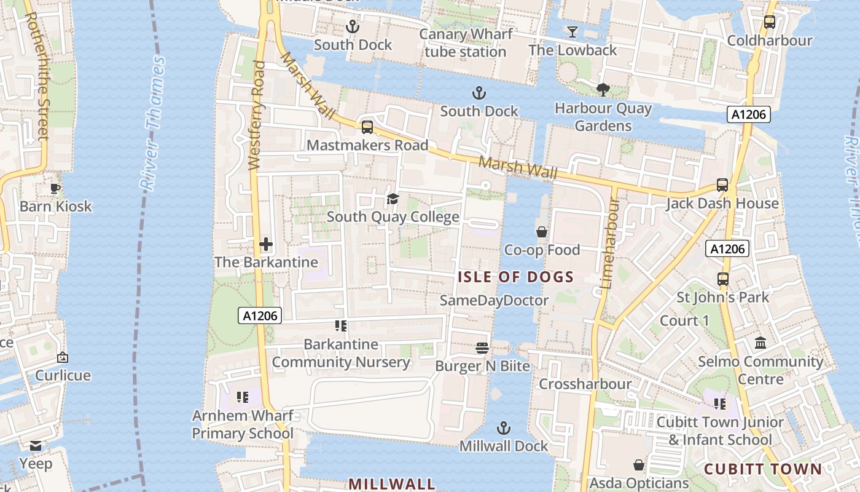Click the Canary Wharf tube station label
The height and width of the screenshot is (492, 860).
(465, 43)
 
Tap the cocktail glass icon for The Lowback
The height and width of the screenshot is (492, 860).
(573, 31)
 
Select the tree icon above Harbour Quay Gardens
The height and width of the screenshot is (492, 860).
(603, 90)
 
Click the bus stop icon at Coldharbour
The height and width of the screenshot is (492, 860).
(769, 22)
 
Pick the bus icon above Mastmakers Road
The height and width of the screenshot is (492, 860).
(367, 127)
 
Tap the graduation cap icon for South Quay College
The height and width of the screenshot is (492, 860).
(393, 199)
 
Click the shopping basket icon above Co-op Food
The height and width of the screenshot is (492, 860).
(542, 232)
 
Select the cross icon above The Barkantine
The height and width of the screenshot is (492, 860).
(266, 244)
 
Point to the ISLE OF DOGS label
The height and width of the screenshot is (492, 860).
(515, 277)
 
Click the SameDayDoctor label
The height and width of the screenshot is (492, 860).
(494, 300)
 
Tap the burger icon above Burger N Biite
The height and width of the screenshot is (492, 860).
(482, 348)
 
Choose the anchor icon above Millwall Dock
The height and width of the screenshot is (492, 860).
(504, 428)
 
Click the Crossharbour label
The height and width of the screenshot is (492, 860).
(585, 384)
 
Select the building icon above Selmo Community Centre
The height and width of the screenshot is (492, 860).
(760, 343)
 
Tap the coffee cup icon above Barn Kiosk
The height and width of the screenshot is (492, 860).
(55, 188)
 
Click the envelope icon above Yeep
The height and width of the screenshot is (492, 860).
(36, 445)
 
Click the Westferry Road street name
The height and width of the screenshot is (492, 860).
(257, 115)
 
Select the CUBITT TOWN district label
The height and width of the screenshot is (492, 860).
(762, 469)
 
